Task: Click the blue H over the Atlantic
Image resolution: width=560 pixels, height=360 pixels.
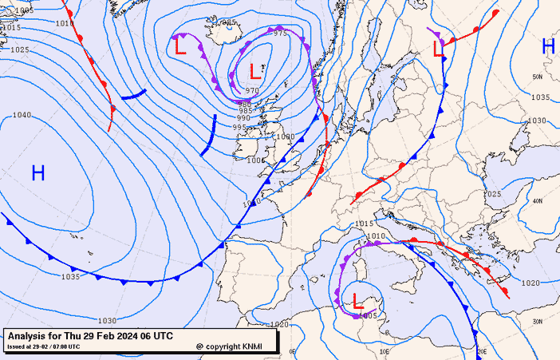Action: tap(37, 172)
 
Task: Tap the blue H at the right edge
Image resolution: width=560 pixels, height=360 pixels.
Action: tap(548, 46)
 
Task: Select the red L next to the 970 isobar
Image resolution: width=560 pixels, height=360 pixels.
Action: tap(254, 71)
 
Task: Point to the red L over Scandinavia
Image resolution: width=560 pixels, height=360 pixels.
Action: tap(437, 49)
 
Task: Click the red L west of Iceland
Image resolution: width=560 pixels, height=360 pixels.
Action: tap(180, 47)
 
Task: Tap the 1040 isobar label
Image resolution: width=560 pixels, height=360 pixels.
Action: tap(22, 115)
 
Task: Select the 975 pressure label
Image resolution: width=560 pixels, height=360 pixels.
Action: tap(280, 34)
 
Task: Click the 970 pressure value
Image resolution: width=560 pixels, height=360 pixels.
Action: tap(252, 91)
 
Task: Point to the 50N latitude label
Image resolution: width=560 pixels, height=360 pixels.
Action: tap(538, 77)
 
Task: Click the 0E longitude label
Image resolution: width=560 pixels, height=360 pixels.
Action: tap(292, 350)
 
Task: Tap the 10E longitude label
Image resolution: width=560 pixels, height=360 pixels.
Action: tap(384, 350)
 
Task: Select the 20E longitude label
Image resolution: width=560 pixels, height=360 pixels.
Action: tap(481, 350)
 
